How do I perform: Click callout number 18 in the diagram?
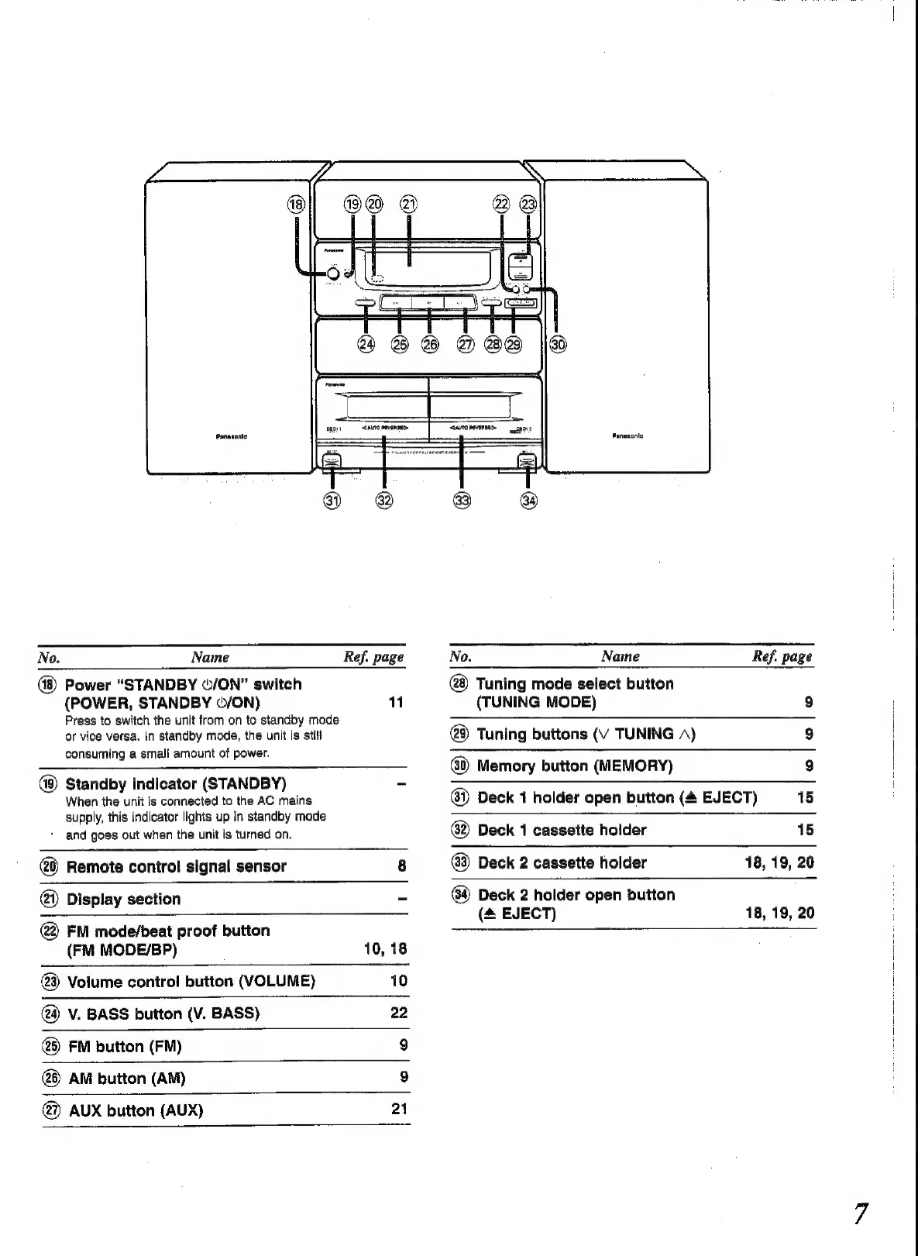pyautogui.click(x=296, y=205)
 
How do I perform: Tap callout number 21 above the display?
pyautogui.click(x=408, y=205)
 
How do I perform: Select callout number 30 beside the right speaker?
pyautogui.click(x=557, y=344)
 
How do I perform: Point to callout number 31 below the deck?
pyautogui.click(x=332, y=501)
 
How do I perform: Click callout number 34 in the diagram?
pyautogui.click(x=528, y=501)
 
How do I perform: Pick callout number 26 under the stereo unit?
pyautogui.click(x=429, y=344)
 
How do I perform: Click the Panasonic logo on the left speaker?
pyautogui.click(x=232, y=436)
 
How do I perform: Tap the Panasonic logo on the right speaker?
pyautogui.click(x=627, y=436)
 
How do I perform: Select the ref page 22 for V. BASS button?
pyautogui.click(x=399, y=1013)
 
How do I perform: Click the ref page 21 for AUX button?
pyautogui.click(x=399, y=1109)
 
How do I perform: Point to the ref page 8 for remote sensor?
pyautogui.click(x=402, y=866)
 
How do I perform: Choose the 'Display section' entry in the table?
pyautogui.click(x=124, y=899)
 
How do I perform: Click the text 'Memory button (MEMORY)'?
pyautogui.click(x=575, y=766)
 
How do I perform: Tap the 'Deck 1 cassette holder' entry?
pyautogui.click(x=562, y=830)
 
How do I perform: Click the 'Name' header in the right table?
pyautogui.click(x=621, y=657)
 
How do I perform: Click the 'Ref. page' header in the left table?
pyautogui.click(x=374, y=658)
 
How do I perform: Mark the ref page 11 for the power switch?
pyautogui.click(x=396, y=703)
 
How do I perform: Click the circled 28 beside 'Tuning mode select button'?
pyautogui.click(x=460, y=683)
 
